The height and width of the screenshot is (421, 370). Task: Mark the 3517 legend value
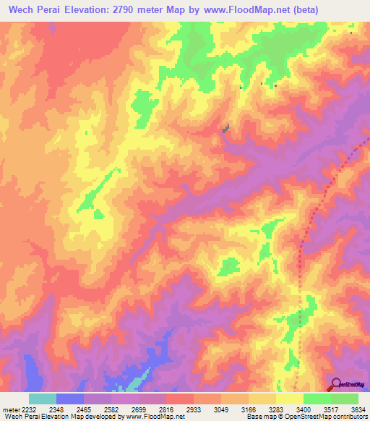pos(333,409)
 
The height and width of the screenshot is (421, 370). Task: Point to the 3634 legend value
pos(356,409)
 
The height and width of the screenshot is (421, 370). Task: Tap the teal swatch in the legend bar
pos(42,399)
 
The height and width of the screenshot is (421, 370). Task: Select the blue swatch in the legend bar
pos(70,399)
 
